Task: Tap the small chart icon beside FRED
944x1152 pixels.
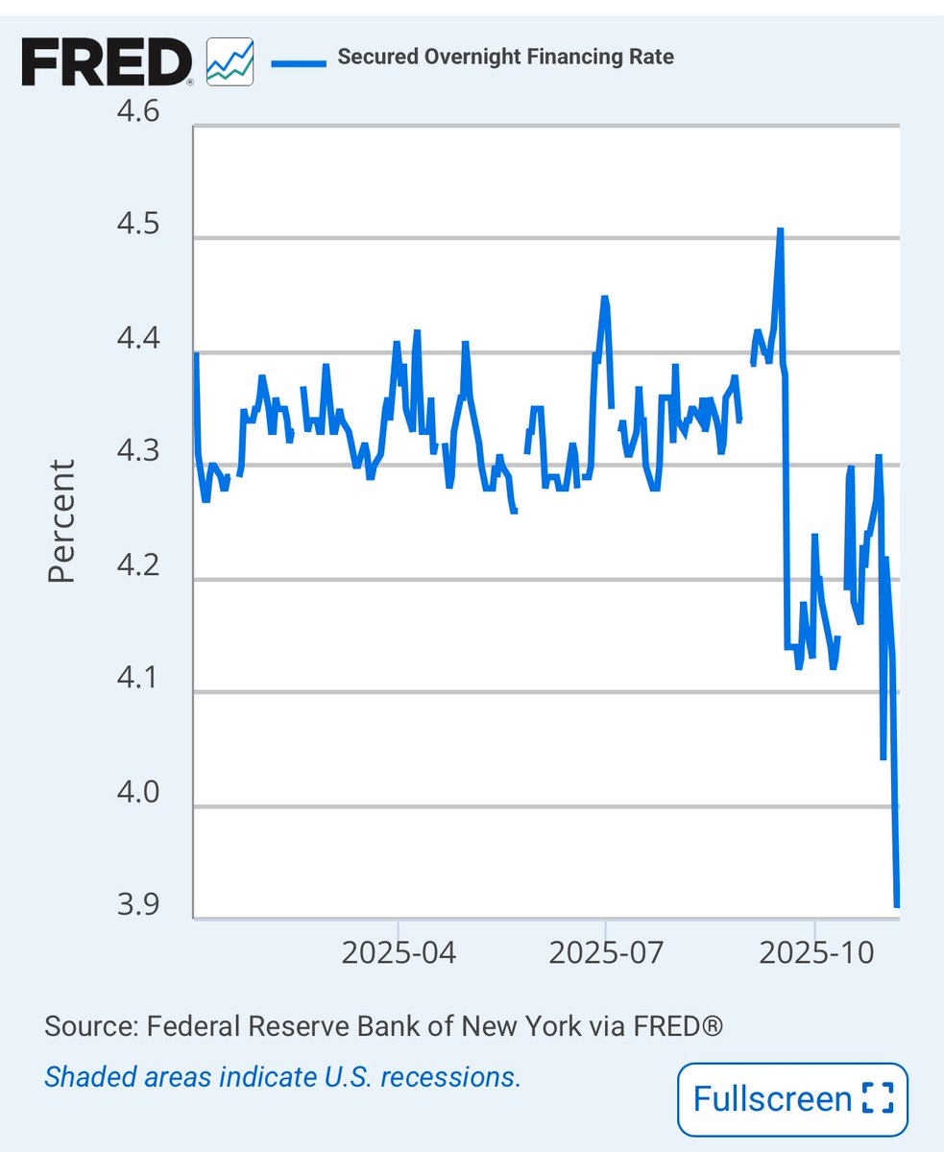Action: (x=230, y=61)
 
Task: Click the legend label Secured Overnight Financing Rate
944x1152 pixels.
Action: (x=505, y=57)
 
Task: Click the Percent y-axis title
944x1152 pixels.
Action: (x=61, y=521)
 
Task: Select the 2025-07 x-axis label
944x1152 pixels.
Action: (x=606, y=953)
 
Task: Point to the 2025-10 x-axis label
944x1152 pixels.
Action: (x=813, y=953)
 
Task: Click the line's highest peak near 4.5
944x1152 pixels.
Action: (x=781, y=230)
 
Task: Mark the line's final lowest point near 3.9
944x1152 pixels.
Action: (x=897, y=904)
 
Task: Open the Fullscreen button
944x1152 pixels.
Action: (x=792, y=1099)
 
